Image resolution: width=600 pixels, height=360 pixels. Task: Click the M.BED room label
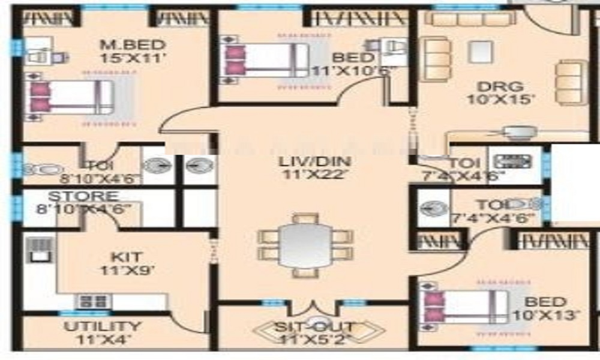point(132,46)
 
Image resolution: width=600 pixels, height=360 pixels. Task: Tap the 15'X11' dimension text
point(132,59)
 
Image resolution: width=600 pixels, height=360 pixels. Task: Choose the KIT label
point(127,257)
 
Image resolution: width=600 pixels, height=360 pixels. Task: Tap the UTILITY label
point(103,327)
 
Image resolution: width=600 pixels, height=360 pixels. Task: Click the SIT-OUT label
point(314,328)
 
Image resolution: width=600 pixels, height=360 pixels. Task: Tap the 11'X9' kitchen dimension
point(127,270)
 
